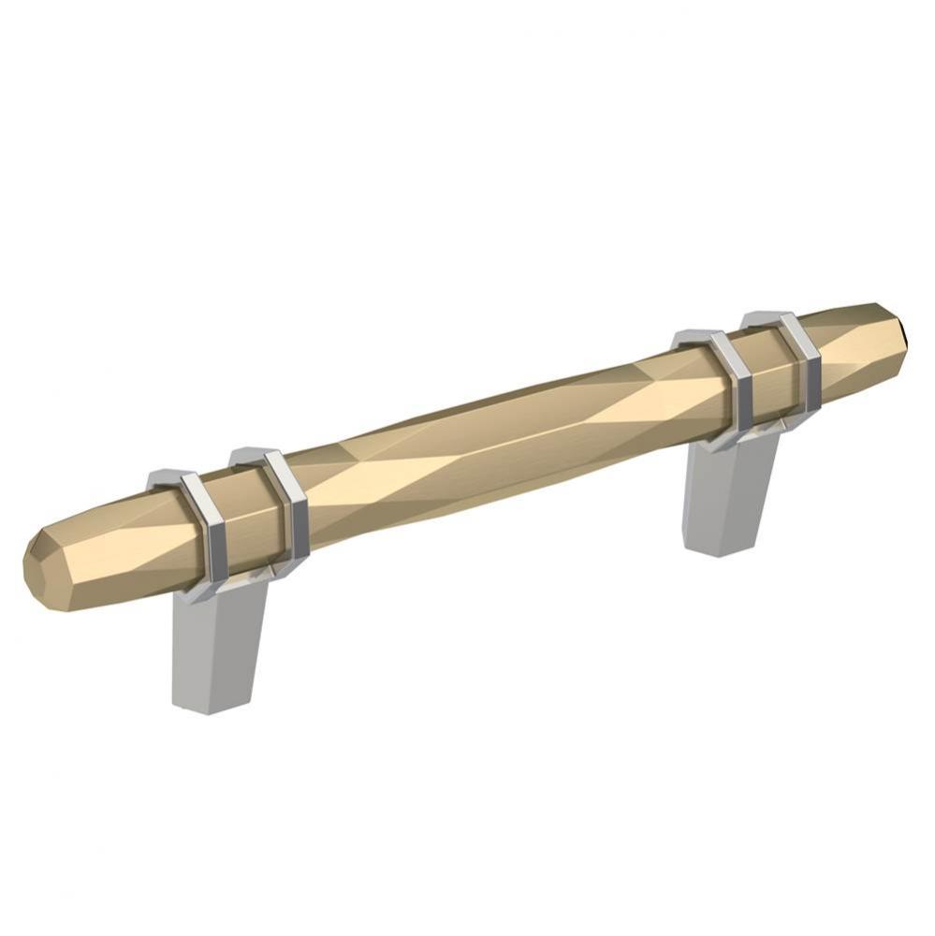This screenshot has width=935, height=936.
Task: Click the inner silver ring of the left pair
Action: point(289,505)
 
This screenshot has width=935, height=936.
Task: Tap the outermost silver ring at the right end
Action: point(803,360)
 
